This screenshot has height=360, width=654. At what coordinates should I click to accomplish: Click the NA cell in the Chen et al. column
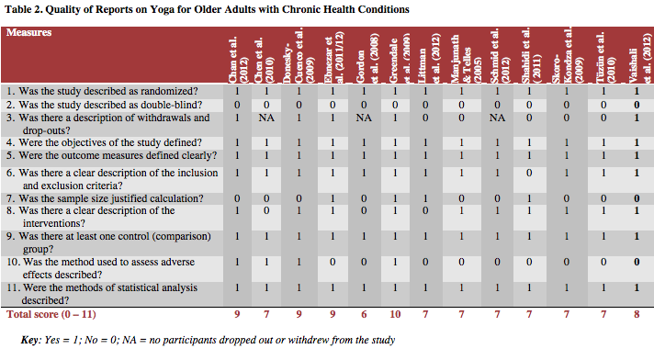(267, 118)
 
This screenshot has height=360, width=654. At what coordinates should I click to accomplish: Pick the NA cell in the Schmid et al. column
(497, 118)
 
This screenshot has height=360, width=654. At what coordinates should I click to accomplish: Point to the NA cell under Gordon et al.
(365, 118)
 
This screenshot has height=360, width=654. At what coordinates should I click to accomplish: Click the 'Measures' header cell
(28, 33)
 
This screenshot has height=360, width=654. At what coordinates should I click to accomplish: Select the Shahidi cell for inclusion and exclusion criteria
(530, 172)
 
